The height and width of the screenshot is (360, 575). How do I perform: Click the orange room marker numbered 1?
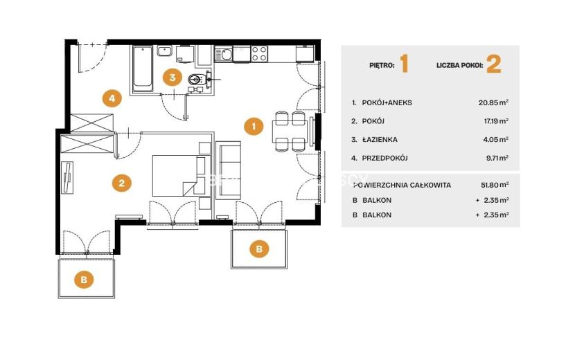click(254, 126)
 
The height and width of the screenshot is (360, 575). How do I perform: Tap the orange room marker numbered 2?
click(122, 183)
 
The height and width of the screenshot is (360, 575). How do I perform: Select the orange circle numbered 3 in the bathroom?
click(172, 78)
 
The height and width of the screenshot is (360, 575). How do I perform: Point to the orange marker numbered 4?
click(112, 98)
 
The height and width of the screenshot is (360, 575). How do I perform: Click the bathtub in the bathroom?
click(143, 69)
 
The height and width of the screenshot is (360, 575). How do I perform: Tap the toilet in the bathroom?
click(197, 79)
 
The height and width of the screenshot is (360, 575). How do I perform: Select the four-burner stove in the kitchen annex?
click(259, 53)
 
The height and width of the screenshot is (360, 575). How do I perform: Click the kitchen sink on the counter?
click(223, 54)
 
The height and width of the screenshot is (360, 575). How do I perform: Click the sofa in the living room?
click(228, 170)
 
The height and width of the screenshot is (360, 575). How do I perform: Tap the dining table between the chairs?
click(290, 132)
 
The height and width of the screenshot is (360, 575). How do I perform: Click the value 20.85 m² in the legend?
click(493, 102)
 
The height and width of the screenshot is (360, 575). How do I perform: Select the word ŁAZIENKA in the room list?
click(380, 139)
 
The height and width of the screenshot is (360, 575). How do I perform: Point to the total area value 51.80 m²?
click(495, 185)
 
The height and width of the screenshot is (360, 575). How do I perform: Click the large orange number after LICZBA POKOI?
click(493, 64)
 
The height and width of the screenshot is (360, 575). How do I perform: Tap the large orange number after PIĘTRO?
click(404, 64)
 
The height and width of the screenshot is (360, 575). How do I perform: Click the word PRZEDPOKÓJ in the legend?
click(384, 158)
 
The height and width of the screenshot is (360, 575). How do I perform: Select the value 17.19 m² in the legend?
click(496, 121)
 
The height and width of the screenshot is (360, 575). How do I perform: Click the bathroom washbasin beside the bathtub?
click(165, 51)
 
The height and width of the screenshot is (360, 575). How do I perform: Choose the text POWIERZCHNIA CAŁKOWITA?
click(402, 185)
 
